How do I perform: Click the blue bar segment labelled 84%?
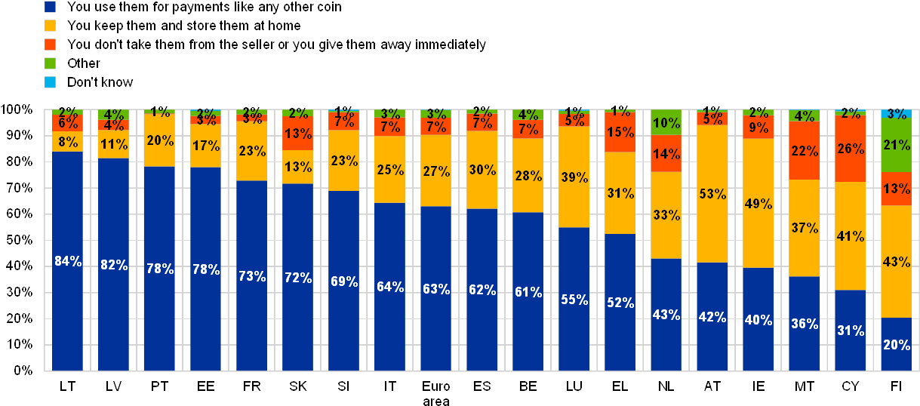click(67, 261)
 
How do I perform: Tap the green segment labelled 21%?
click(896, 145)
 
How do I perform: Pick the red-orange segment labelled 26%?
click(850, 150)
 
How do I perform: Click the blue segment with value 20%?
click(896, 344)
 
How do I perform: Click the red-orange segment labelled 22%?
click(804, 151)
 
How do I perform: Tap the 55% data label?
click(574, 300)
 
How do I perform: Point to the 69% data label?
click(343, 281)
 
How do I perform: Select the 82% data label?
click(114, 264)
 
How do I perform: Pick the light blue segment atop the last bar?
click(896, 113)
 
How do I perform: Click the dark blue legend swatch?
click(51, 7)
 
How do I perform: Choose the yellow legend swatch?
click(51, 26)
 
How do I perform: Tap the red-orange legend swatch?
click(51, 45)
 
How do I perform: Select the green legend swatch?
click(51, 63)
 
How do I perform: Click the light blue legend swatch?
click(51, 82)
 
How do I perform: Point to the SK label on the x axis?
click(297, 386)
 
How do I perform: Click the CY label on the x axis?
click(850, 386)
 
